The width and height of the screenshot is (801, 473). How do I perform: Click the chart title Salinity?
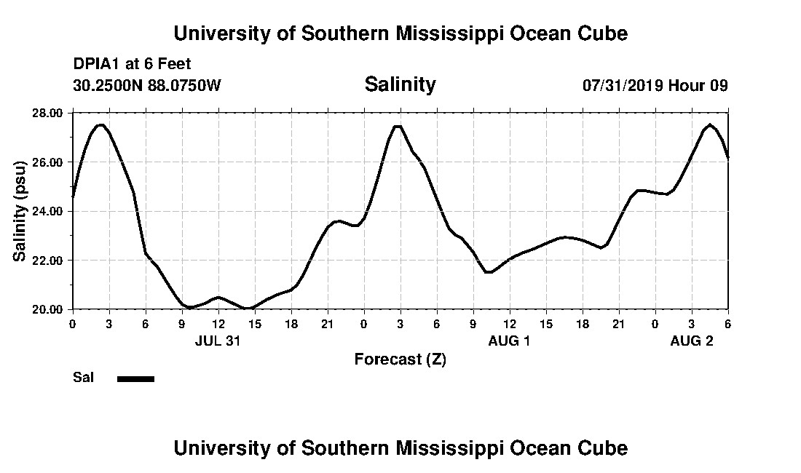[400, 84]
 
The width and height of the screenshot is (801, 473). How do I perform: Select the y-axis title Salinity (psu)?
[20, 210]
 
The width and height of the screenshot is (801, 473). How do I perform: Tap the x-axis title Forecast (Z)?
[400, 359]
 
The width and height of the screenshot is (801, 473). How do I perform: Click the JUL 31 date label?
[218, 341]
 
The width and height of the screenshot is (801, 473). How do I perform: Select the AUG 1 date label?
[509, 341]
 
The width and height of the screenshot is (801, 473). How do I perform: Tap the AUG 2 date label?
[691, 341]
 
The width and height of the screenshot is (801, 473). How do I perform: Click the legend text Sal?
[83, 378]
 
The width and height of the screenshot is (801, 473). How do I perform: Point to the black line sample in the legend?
[135, 378]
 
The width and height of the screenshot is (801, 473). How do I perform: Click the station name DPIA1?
[98, 64]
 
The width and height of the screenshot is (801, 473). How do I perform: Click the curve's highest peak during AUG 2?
[709, 124]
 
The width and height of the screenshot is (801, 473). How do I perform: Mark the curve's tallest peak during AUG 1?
[398, 126]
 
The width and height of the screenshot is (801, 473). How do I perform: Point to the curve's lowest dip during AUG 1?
[489, 272]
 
